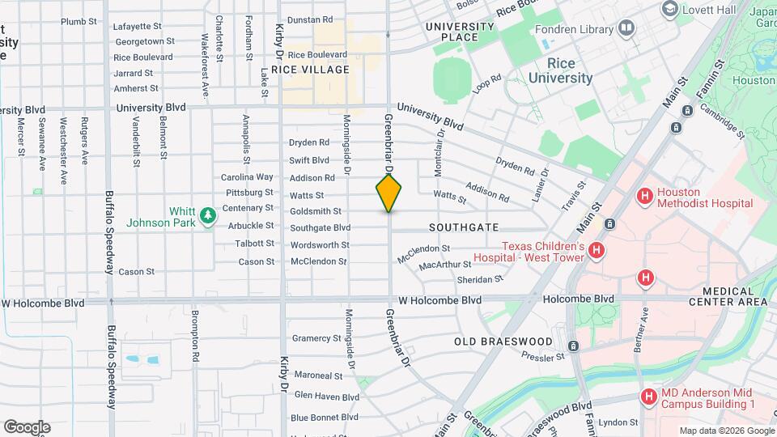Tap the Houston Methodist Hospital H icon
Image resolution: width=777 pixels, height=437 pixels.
pyautogui.click(x=645, y=195)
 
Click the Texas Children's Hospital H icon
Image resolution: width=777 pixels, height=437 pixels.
pyautogui.click(x=597, y=251)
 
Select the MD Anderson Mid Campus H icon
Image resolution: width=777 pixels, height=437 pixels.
pyautogui.click(x=648, y=397)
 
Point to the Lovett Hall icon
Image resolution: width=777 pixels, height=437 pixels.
pyautogui.click(x=669, y=9)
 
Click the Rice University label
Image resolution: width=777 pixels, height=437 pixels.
pyautogui.click(x=560, y=70)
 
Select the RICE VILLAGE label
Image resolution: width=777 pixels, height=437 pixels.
pyautogui.click(x=310, y=70)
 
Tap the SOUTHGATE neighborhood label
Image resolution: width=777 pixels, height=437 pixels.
pyautogui.click(x=464, y=227)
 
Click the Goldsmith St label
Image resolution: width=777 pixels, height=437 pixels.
pyautogui.click(x=315, y=211)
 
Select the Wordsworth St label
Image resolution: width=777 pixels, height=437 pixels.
pyautogui.click(x=320, y=244)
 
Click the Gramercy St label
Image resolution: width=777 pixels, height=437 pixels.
pyautogui.click(x=317, y=338)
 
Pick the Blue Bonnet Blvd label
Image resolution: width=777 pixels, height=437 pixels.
pyautogui.click(x=324, y=418)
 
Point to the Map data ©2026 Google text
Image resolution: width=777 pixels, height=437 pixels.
pyautogui.click(x=726, y=431)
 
